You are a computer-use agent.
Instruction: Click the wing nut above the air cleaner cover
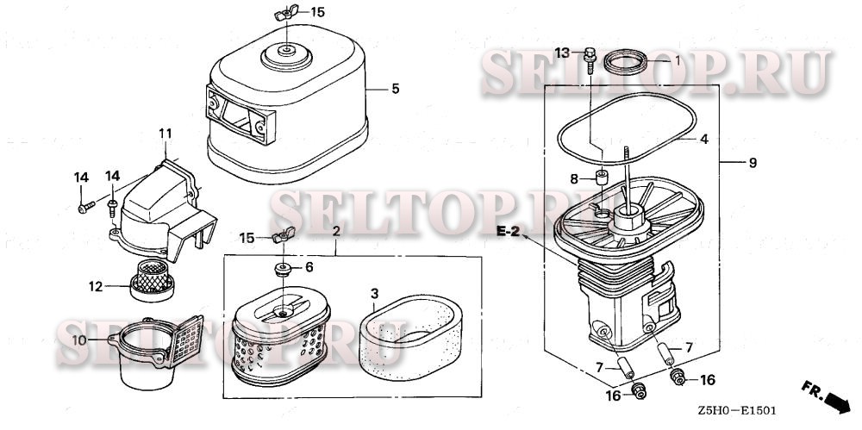[x=286, y=13]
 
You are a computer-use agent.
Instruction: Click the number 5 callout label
[x=396, y=89]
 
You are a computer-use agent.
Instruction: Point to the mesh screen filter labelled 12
[x=153, y=279]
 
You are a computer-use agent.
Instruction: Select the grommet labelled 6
[x=284, y=270]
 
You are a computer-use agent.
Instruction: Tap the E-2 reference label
[x=508, y=232]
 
